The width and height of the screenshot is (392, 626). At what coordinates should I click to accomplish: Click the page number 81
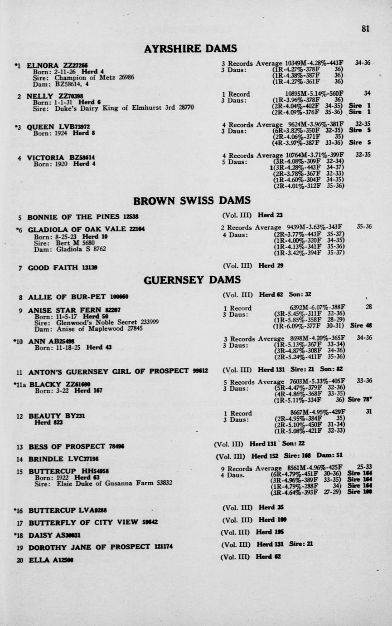(x=365, y=29)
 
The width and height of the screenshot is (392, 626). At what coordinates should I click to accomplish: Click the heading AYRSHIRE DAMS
(x=190, y=49)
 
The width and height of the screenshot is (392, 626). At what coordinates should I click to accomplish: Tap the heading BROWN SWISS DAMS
(x=192, y=200)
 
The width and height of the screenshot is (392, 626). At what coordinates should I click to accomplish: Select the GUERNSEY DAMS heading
(x=192, y=280)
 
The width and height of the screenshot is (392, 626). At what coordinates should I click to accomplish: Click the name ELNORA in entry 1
(x=43, y=65)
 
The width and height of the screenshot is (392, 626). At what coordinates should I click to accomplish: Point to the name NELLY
(x=40, y=96)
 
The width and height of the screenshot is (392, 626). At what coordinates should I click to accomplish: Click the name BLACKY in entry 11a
(x=45, y=384)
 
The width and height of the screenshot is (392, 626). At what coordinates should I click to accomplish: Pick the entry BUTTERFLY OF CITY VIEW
(x=83, y=522)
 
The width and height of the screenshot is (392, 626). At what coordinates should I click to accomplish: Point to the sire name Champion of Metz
(x=86, y=78)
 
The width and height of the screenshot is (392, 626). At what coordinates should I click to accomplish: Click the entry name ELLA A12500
(x=50, y=560)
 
